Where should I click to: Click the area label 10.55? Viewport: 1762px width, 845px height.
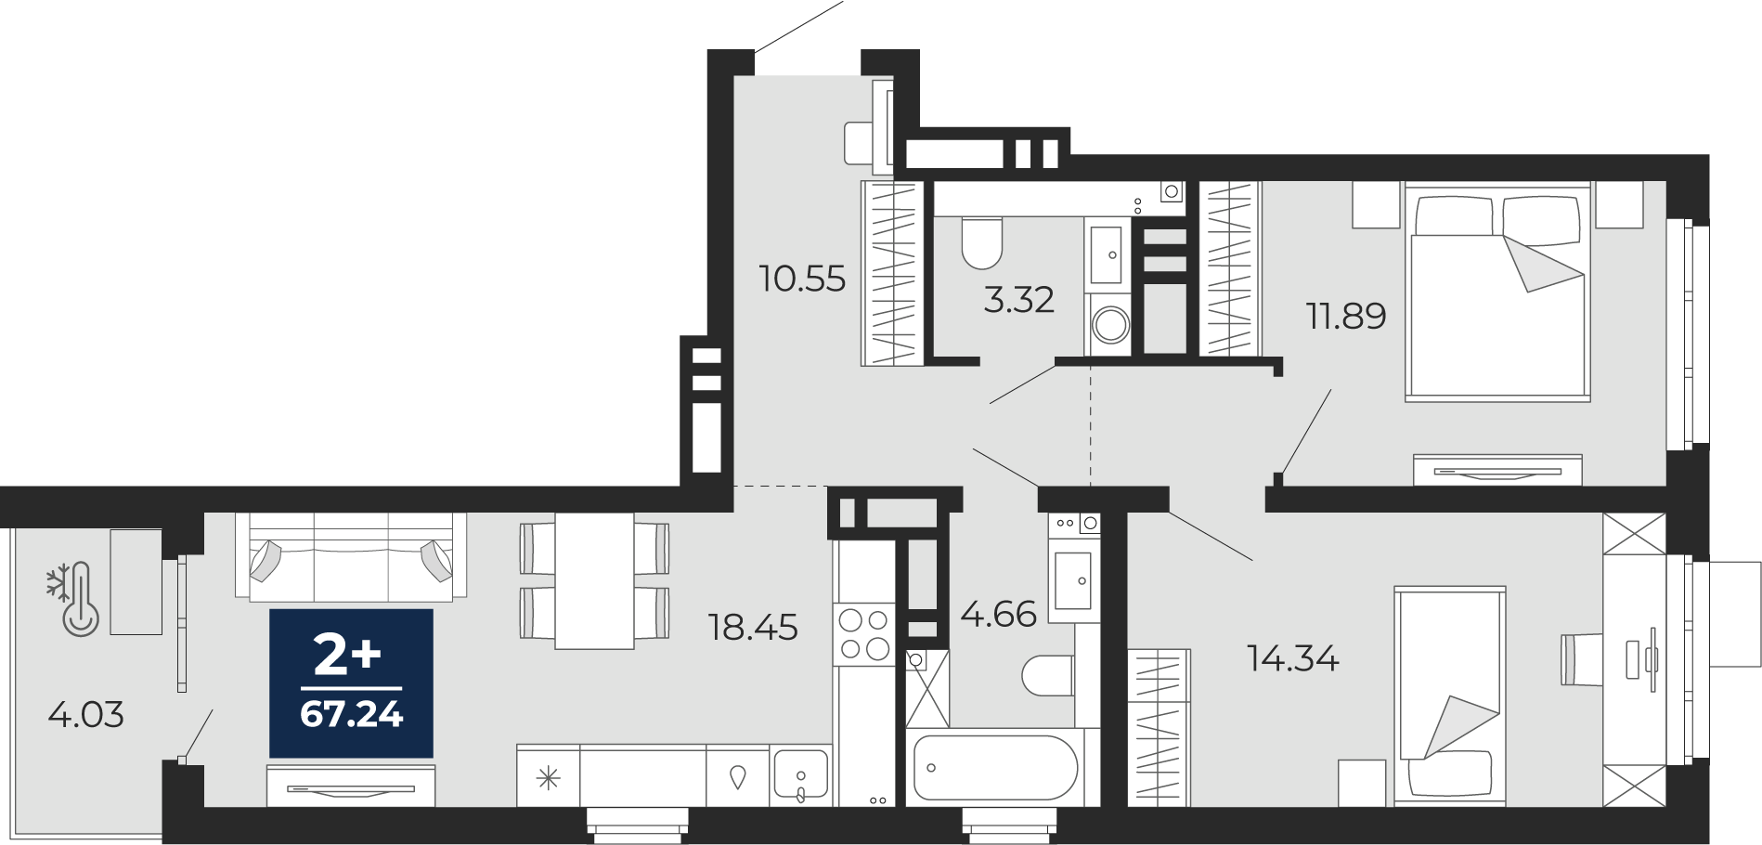coord(802,279)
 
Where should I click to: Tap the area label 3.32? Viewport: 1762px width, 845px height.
coord(1018,300)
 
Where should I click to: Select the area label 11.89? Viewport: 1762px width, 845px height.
coord(1346,317)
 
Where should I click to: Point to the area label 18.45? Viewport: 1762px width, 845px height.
coord(753,628)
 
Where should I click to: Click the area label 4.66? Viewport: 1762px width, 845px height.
coord(998,614)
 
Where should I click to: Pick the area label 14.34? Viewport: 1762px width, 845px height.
coord(1292,658)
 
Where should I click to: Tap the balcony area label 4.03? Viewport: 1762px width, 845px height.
coord(85,715)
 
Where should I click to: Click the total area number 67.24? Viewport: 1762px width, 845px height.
coord(352,714)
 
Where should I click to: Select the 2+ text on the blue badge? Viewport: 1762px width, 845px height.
coord(347,655)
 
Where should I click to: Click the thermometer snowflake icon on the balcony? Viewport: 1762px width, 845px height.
coord(74,599)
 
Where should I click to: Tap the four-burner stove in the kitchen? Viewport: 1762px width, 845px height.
coord(864,635)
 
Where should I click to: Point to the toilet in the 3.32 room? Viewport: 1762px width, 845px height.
coord(981,242)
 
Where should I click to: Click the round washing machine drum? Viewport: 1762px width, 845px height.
coord(1110,325)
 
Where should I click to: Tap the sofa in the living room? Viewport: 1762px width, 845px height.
coord(351,557)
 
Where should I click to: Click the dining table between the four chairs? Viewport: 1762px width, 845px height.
coord(594,581)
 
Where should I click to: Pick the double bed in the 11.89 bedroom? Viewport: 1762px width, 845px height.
coord(1497,292)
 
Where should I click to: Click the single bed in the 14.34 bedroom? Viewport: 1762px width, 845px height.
coord(1449,695)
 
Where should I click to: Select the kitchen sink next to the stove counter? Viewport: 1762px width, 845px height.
coord(801,774)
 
